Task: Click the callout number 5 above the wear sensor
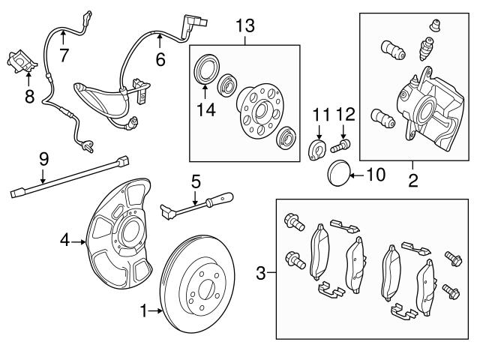coord(196,181)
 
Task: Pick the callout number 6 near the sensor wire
coord(160,58)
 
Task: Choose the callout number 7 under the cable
coord(64,54)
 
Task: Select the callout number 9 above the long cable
coord(43,158)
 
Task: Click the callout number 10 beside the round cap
coord(376,177)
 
